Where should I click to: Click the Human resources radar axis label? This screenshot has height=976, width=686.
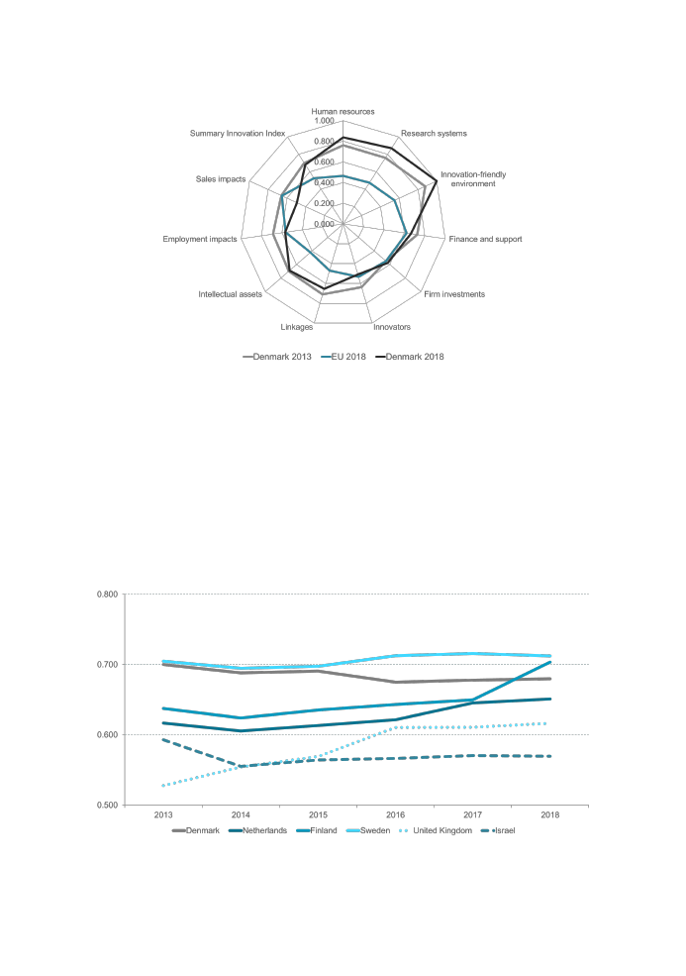click(343, 111)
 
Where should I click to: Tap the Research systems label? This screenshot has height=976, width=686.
click(434, 133)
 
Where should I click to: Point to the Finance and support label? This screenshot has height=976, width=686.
click(485, 239)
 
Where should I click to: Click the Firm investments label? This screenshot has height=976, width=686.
click(454, 294)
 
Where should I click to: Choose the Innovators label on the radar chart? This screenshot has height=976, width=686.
click(392, 327)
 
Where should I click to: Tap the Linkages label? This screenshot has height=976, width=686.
click(297, 327)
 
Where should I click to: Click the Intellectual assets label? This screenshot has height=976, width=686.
click(230, 294)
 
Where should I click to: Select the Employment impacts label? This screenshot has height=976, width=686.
click(200, 239)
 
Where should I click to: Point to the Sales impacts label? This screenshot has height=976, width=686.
click(221, 179)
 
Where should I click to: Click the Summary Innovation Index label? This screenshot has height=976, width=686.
click(237, 133)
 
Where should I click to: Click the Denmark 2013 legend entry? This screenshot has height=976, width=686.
click(277, 357)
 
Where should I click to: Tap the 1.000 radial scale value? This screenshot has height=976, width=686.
click(324, 121)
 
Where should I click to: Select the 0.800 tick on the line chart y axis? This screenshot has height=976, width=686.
click(106, 595)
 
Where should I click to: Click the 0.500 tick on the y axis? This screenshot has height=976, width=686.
click(106, 805)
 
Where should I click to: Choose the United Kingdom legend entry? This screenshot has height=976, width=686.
click(440, 830)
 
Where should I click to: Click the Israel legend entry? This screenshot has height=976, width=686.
click(501, 830)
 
